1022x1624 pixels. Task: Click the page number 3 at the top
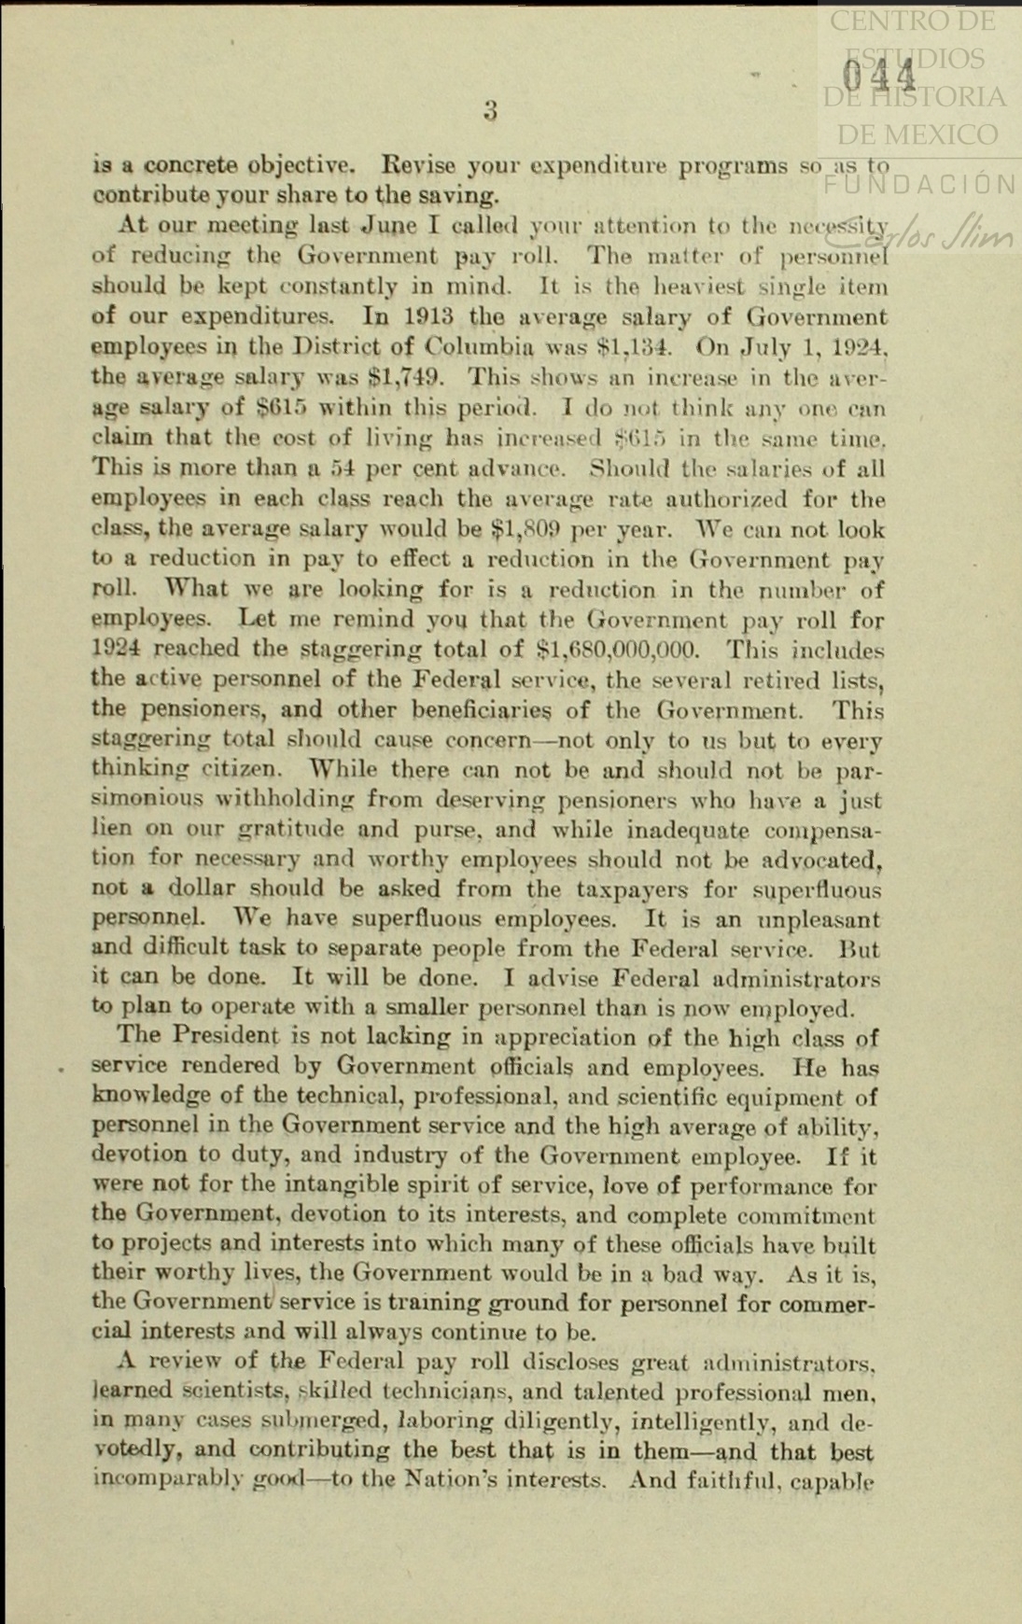point(490,111)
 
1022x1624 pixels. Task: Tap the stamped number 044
point(878,74)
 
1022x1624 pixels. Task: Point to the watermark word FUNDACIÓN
point(918,184)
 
